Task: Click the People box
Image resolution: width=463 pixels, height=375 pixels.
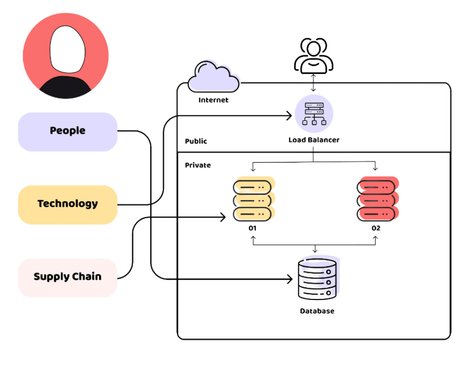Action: pyautogui.click(x=68, y=131)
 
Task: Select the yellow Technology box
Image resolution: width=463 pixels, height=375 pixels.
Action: pyautogui.click(x=68, y=204)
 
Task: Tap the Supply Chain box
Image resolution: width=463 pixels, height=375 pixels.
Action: pyautogui.click(x=68, y=277)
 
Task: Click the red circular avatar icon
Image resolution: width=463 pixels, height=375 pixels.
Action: pyautogui.click(x=66, y=55)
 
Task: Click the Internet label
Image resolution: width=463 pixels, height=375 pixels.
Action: pyautogui.click(x=213, y=100)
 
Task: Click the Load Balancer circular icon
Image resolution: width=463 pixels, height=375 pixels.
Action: pyautogui.click(x=313, y=115)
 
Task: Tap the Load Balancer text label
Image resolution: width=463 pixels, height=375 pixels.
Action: pyautogui.click(x=313, y=140)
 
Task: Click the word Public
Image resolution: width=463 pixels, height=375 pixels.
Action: pyautogui.click(x=196, y=141)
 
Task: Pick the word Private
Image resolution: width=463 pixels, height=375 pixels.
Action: pyautogui.click(x=198, y=166)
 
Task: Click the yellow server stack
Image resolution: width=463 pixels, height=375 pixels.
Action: pyautogui.click(x=252, y=200)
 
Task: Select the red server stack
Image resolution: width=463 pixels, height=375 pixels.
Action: pyautogui.click(x=376, y=200)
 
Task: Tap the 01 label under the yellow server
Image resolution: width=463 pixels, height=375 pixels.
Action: pyautogui.click(x=252, y=228)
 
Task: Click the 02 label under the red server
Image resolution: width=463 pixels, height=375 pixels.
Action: pyautogui.click(x=376, y=228)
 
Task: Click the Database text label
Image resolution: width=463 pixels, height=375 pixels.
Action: pyautogui.click(x=317, y=311)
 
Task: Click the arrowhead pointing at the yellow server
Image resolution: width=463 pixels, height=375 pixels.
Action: pyautogui.click(x=223, y=218)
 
